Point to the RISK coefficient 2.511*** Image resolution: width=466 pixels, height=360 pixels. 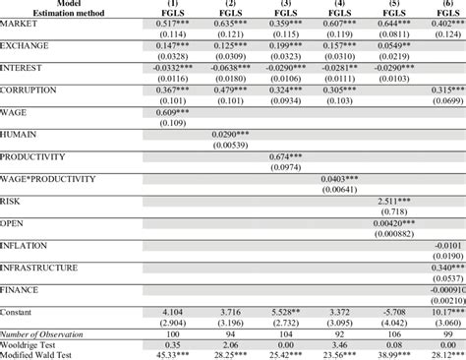coord(394,201)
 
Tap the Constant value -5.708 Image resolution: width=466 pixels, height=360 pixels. coord(394,312)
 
